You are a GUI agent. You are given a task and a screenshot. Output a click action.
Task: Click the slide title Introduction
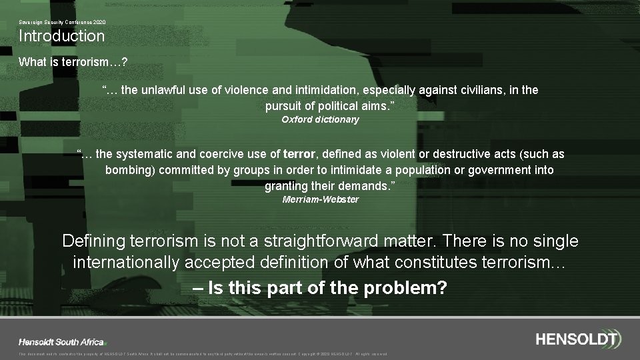pyautogui.click(x=61, y=36)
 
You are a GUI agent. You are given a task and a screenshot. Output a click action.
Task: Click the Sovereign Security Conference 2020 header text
pyautogui.click(x=62, y=22)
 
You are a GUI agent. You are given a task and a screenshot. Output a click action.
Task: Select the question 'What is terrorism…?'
pyautogui.click(x=73, y=62)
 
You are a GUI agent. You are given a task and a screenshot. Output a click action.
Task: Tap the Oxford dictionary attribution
pyautogui.click(x=320, y=119)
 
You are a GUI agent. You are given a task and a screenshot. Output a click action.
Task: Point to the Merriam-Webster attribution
pyautogui.click(x=320, y=199)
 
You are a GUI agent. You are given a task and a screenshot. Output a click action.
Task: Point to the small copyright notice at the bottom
pyautogui.click(x=203, y=354)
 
